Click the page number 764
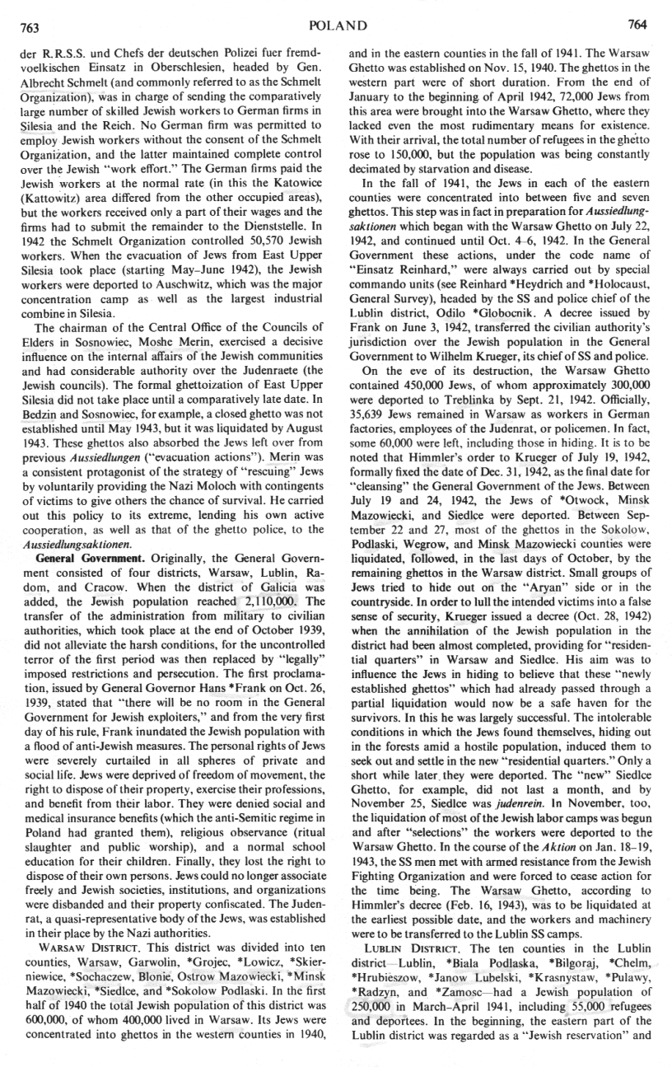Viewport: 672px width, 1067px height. pos(639,24)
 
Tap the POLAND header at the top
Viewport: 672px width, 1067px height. pos(336,25)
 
